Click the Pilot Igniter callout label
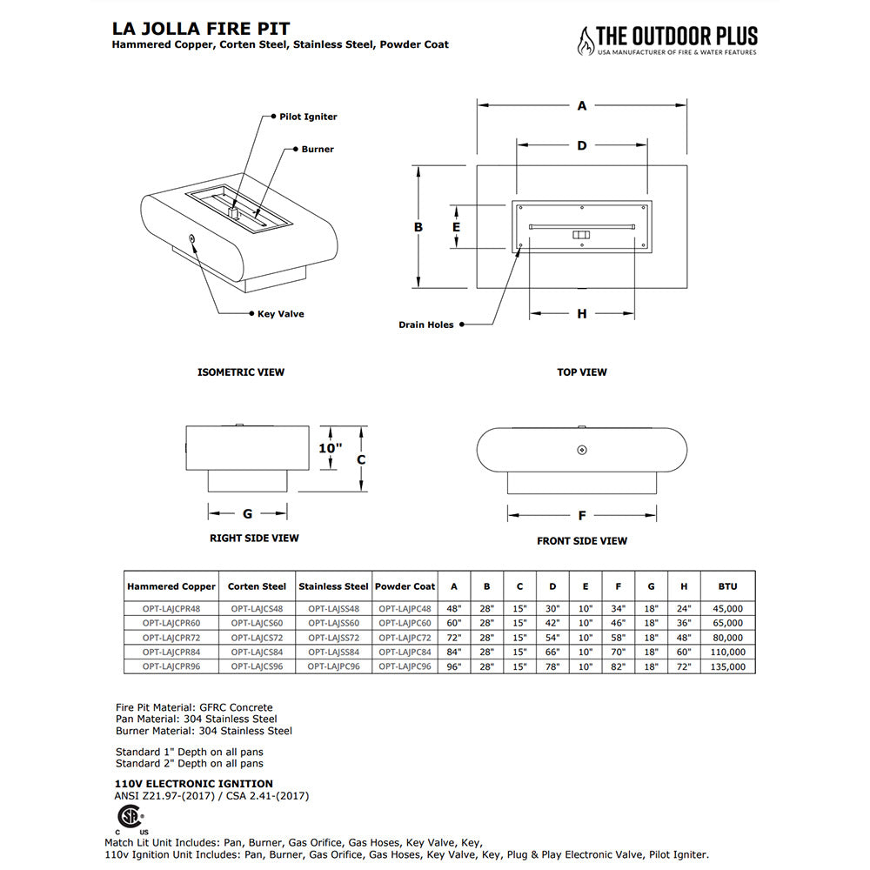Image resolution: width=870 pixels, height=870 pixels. pos(308,117)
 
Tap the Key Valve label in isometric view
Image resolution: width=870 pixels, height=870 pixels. pos(280,314)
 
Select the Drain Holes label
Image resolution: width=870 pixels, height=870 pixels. pos(426,325)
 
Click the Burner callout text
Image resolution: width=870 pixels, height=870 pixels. pos(318,150)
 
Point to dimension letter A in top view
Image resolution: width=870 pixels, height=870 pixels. pos(582,106)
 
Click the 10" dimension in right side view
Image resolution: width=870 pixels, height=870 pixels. pos(330,448)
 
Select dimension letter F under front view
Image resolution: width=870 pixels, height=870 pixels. pos(582,515)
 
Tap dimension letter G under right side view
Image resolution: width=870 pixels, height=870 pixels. pos(247,513)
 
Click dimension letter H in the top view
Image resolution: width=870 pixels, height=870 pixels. pos(582,313)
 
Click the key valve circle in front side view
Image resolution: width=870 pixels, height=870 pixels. pos(582,450)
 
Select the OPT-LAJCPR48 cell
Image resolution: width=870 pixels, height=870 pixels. pos(171,609)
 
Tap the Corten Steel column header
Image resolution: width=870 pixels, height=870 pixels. pos(257,586)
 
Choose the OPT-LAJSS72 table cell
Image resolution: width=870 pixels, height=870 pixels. pos(333,638)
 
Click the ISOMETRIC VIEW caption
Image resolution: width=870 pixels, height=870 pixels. pos(241,372)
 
